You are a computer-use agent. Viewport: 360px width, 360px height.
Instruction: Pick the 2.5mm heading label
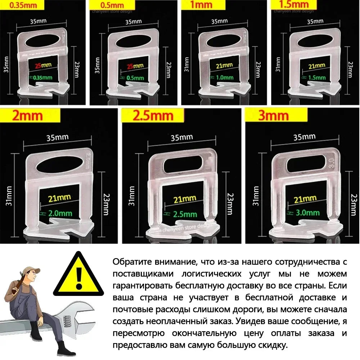coord(153,116)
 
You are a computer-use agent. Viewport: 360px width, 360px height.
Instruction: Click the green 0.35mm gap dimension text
coord(42,77)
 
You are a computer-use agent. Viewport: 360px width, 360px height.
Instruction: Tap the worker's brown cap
coord(28,270)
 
